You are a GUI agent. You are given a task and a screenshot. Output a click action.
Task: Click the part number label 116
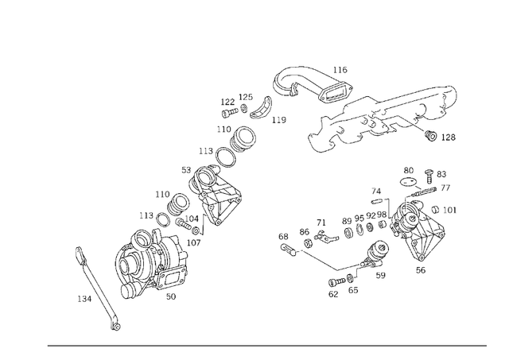340,70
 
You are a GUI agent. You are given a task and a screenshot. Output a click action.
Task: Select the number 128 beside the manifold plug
449,137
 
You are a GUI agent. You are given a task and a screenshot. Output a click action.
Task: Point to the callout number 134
84,299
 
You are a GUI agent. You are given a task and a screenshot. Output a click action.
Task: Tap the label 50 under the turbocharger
170,296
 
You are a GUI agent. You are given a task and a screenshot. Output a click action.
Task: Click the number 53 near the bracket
185,169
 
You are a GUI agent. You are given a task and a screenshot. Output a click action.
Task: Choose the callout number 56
420,270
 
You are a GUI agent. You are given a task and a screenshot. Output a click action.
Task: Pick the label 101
450,211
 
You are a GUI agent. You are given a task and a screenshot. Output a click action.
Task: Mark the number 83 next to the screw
441,173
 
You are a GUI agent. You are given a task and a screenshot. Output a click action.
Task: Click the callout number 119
278,121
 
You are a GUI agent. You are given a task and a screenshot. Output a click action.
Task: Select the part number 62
333,294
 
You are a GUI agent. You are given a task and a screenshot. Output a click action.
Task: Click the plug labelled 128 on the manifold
430,134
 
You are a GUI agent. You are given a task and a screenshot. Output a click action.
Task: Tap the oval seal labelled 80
409,181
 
